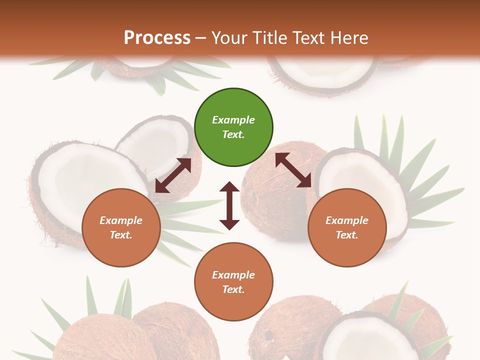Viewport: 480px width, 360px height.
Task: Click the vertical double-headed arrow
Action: (x=229, y=205)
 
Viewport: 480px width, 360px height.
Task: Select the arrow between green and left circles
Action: (x=173, y=175)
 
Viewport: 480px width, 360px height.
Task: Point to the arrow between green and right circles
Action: (x=293, y=170)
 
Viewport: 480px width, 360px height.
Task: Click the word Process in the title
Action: (x=157, y=38)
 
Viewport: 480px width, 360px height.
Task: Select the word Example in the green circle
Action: (x=233, y=120)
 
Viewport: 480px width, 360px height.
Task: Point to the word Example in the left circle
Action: (x=121, y=220)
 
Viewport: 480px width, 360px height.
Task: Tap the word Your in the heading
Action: (x=227, y=38)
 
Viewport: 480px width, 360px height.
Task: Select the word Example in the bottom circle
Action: (x=233, y=275)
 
